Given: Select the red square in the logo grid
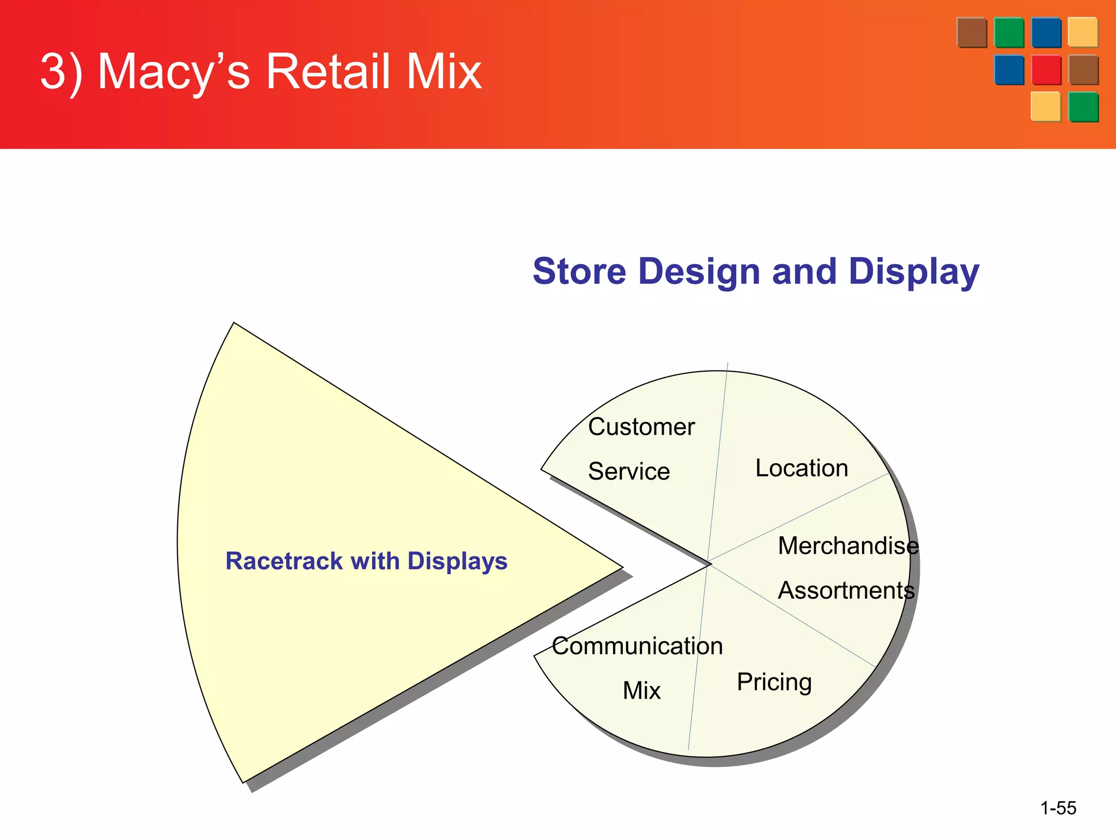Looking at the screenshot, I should click(x=1046, y=70).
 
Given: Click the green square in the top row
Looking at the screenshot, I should click(x=1009, y=33).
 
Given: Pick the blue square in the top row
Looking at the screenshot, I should click(x=1046, y=33).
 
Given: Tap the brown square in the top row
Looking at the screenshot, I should click(x=972, y=33).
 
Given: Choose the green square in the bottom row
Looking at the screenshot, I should click(x=1083, y=107).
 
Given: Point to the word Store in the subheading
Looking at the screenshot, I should click(x=580, y=271).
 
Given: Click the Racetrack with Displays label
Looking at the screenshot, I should click(x=366, y=561).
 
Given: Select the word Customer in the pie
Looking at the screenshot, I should click(x=641, y=427).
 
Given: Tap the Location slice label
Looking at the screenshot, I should click(x=802, y=468).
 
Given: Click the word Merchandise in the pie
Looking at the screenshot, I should click(x=848, y=545).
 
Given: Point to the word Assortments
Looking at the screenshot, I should click(x=846, y=590).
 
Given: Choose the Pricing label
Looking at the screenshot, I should click(x=774, y=682).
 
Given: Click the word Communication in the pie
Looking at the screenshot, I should click(x=637, y=646).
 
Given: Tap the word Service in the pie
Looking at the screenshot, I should click(x=629, y=471).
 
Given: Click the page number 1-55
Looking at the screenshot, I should click(x=1058, y=808).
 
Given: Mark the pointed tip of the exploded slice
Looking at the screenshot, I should click(x=621, y=567).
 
